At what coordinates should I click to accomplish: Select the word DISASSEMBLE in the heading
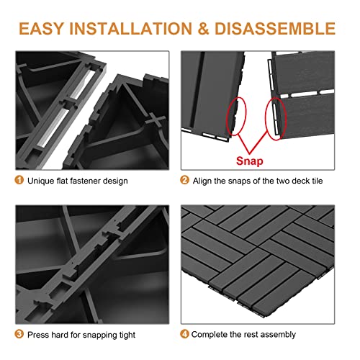pyautogui.click(x=278, y=29)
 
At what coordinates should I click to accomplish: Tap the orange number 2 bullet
pyautogui.click(x=185, y=180)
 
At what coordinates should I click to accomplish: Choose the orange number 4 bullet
pyautogui.click(x=185, y=334)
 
